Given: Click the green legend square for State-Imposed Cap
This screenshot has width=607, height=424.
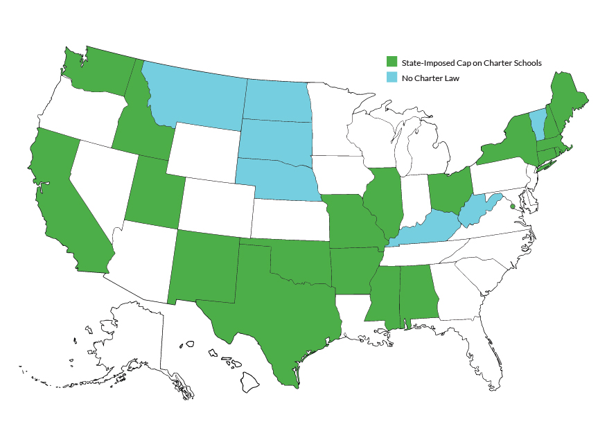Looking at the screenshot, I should [x=392, y=62].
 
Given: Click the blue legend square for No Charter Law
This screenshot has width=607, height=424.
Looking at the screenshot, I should [x=392, y=78].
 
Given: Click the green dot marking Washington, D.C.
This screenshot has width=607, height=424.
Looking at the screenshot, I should [x=513, y=206].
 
